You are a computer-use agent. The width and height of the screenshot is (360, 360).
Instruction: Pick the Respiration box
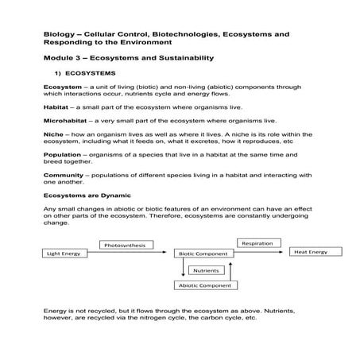pyautogui.click(x=257, y=242)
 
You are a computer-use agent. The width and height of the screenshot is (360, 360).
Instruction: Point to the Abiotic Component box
pyautogui.click(x=205, y=285)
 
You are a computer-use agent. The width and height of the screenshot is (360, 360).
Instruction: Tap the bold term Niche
pyautogui.click(x=52, y=134)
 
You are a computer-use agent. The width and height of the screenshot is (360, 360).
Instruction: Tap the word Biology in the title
pyautogui.click(x=60, y=34)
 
